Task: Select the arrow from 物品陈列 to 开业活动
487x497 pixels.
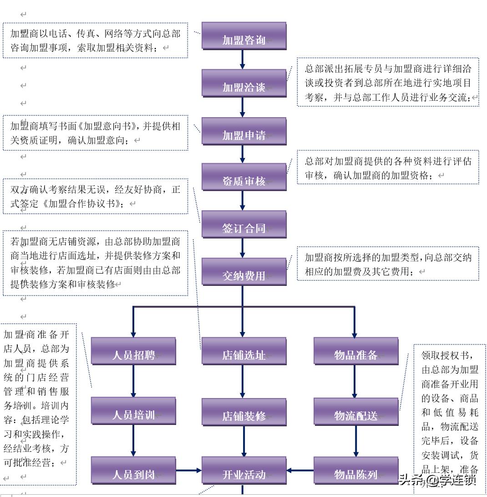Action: [x=300, y=470]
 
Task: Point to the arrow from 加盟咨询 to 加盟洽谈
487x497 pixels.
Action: [x=242, y=59]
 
